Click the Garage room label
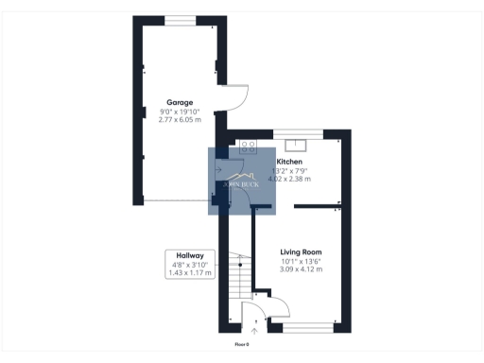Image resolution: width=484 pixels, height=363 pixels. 180,101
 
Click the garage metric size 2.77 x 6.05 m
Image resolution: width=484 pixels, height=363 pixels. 180,119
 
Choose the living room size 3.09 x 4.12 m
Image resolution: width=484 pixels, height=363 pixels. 301,270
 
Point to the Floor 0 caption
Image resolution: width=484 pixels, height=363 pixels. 242,344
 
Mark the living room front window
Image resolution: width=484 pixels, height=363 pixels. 307,327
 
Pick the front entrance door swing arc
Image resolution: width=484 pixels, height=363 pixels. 254,312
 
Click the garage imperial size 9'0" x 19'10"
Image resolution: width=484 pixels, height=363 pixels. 180,111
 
